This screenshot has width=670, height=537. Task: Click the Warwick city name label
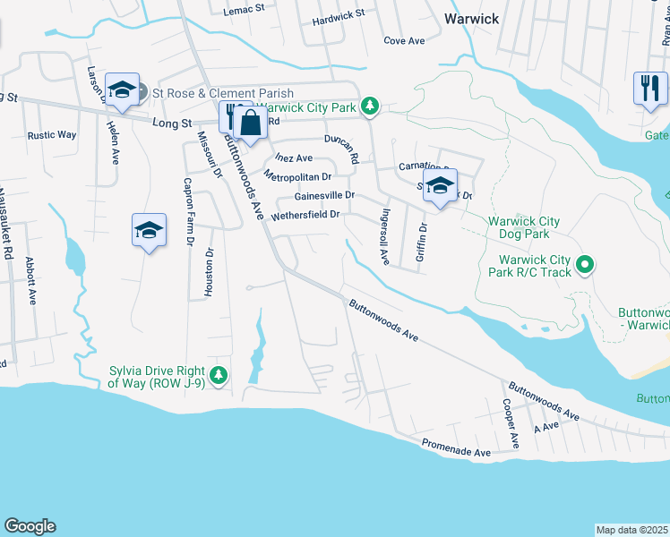point(471,18)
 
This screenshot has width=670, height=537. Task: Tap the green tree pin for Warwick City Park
point(369,107)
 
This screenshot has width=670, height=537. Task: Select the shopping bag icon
point(252,124)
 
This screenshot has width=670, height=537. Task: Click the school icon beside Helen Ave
point(122,90)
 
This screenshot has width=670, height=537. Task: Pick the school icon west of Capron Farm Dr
point(149,231)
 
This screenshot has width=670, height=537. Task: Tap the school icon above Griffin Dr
point(439,186)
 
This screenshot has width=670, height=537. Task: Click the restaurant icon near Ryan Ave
point(650,88)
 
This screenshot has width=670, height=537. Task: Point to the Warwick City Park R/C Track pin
point(584,264)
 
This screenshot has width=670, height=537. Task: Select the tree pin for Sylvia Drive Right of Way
point(218,375)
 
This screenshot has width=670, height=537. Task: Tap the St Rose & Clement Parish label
point(223,93)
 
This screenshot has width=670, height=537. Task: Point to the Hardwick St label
point(339,16)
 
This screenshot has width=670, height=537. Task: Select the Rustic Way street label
point(52,135)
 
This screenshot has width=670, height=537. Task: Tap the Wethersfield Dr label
point(305,215)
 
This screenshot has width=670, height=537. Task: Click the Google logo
point(30,526)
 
